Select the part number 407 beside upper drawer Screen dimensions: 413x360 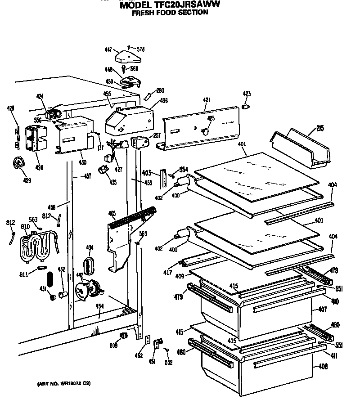tap(322, 310)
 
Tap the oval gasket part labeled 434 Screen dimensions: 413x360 tap(89, 265)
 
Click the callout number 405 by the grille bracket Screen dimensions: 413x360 tap(112, 214)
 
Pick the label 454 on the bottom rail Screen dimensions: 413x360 tap(99, 306)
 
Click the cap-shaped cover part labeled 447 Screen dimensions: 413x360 tap(129, 57)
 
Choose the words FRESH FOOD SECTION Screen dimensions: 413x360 tap(170, 13)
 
